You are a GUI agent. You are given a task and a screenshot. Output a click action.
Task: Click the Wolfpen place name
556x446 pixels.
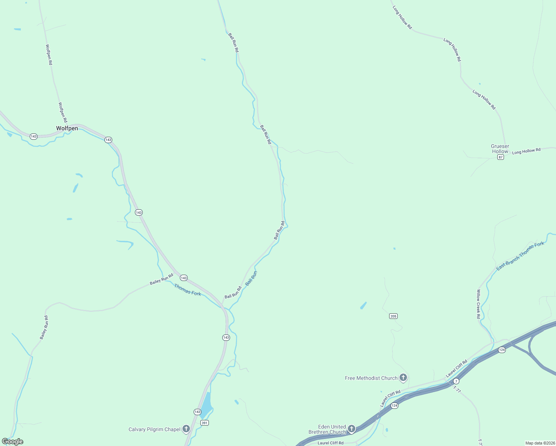point(67,128)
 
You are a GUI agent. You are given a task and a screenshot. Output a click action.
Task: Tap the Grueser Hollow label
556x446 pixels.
point(500,149)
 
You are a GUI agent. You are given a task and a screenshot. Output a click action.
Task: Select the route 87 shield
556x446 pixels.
point(501,157)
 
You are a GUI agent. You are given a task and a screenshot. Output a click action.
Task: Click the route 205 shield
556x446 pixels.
point(393,316)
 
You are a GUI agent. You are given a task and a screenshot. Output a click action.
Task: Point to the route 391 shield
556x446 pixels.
point(204,423)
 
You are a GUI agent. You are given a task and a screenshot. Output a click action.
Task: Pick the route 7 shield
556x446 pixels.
point(456,381)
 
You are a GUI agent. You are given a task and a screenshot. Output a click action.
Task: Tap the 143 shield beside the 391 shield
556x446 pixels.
point(197,412)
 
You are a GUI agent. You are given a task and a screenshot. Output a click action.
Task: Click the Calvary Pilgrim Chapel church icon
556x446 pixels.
point(186,429)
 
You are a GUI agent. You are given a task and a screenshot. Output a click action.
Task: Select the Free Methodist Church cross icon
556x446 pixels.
point(403,378)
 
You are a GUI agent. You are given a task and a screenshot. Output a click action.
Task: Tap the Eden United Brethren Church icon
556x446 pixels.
point(351,429)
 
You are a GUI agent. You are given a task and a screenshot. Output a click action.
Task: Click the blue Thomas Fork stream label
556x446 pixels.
point(187,290)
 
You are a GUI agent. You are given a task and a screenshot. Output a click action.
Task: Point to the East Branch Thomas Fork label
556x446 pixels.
point(520,255)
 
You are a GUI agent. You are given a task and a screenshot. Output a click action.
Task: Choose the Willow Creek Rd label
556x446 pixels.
point(478,304)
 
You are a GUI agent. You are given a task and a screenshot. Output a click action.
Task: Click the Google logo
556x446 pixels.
point(13,442)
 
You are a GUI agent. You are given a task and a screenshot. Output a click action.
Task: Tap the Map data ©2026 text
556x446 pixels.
point(540,443)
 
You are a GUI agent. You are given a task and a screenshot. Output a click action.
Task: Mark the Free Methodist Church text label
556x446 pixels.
point(371,378)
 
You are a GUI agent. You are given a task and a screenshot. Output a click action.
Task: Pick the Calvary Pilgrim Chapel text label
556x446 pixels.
point(154,429)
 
